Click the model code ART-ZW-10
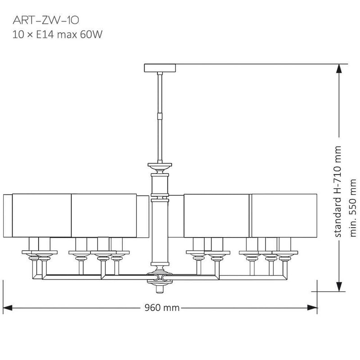(x=46, y=20)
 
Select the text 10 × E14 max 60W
(x=58, y=35)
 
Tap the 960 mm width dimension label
(x=162, y=308)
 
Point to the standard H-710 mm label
(x=337, y=192)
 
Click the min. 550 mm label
(x=352, y=208)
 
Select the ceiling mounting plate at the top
(x=160, y=68)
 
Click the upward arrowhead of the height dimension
(x=339, y=69)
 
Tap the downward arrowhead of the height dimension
(x=339, y=287)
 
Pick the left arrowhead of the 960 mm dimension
(x=7, y=308)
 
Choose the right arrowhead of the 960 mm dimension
(x=312, y=308)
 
